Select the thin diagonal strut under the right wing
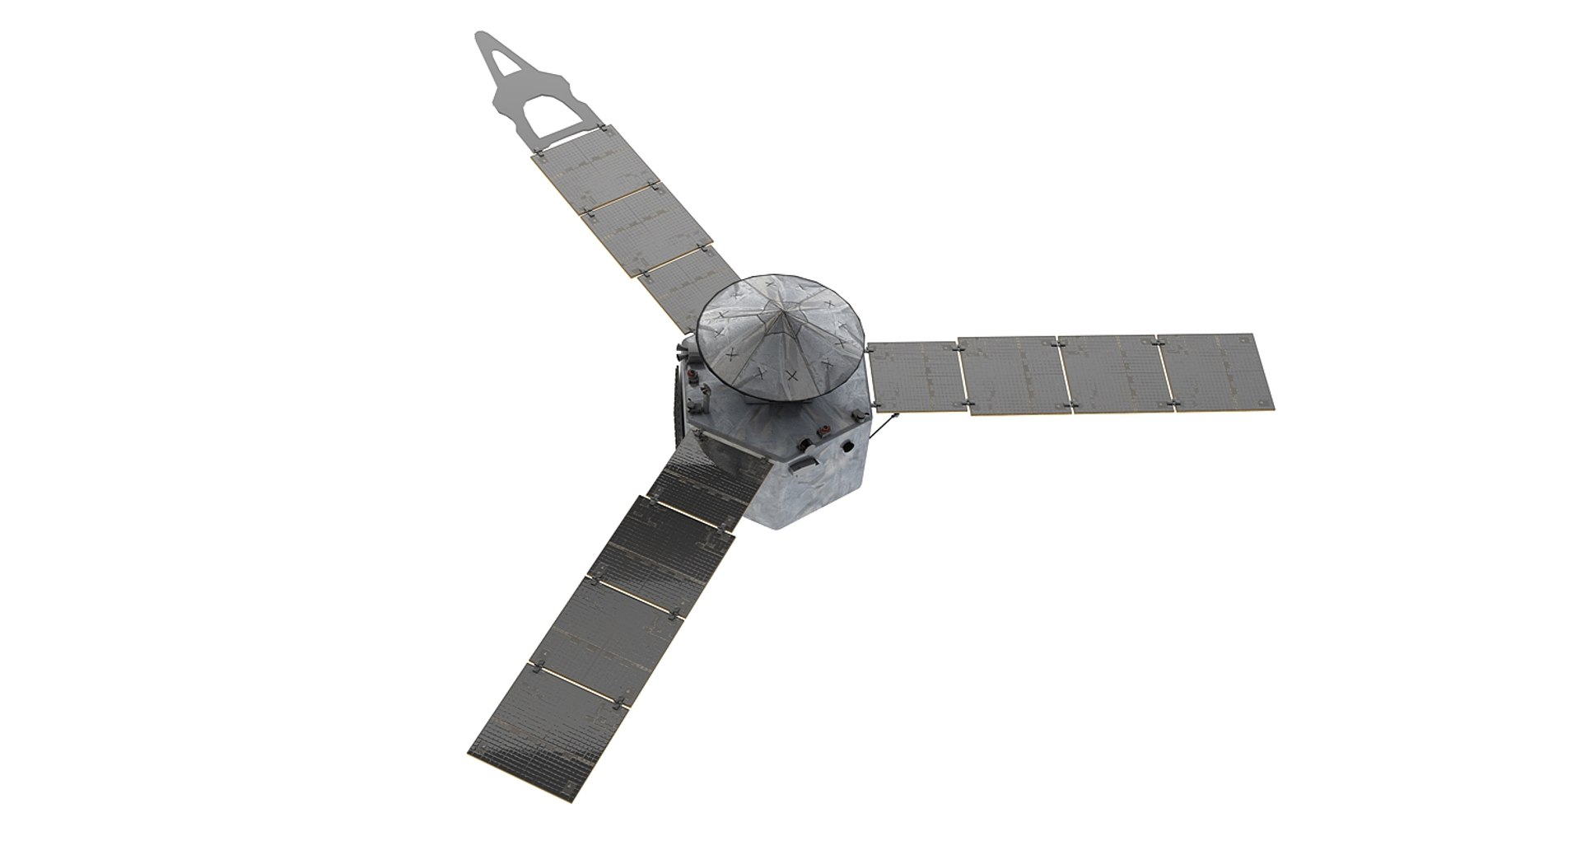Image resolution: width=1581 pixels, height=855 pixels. pos(885,425)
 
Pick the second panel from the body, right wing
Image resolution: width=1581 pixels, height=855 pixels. pos(1014,376)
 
